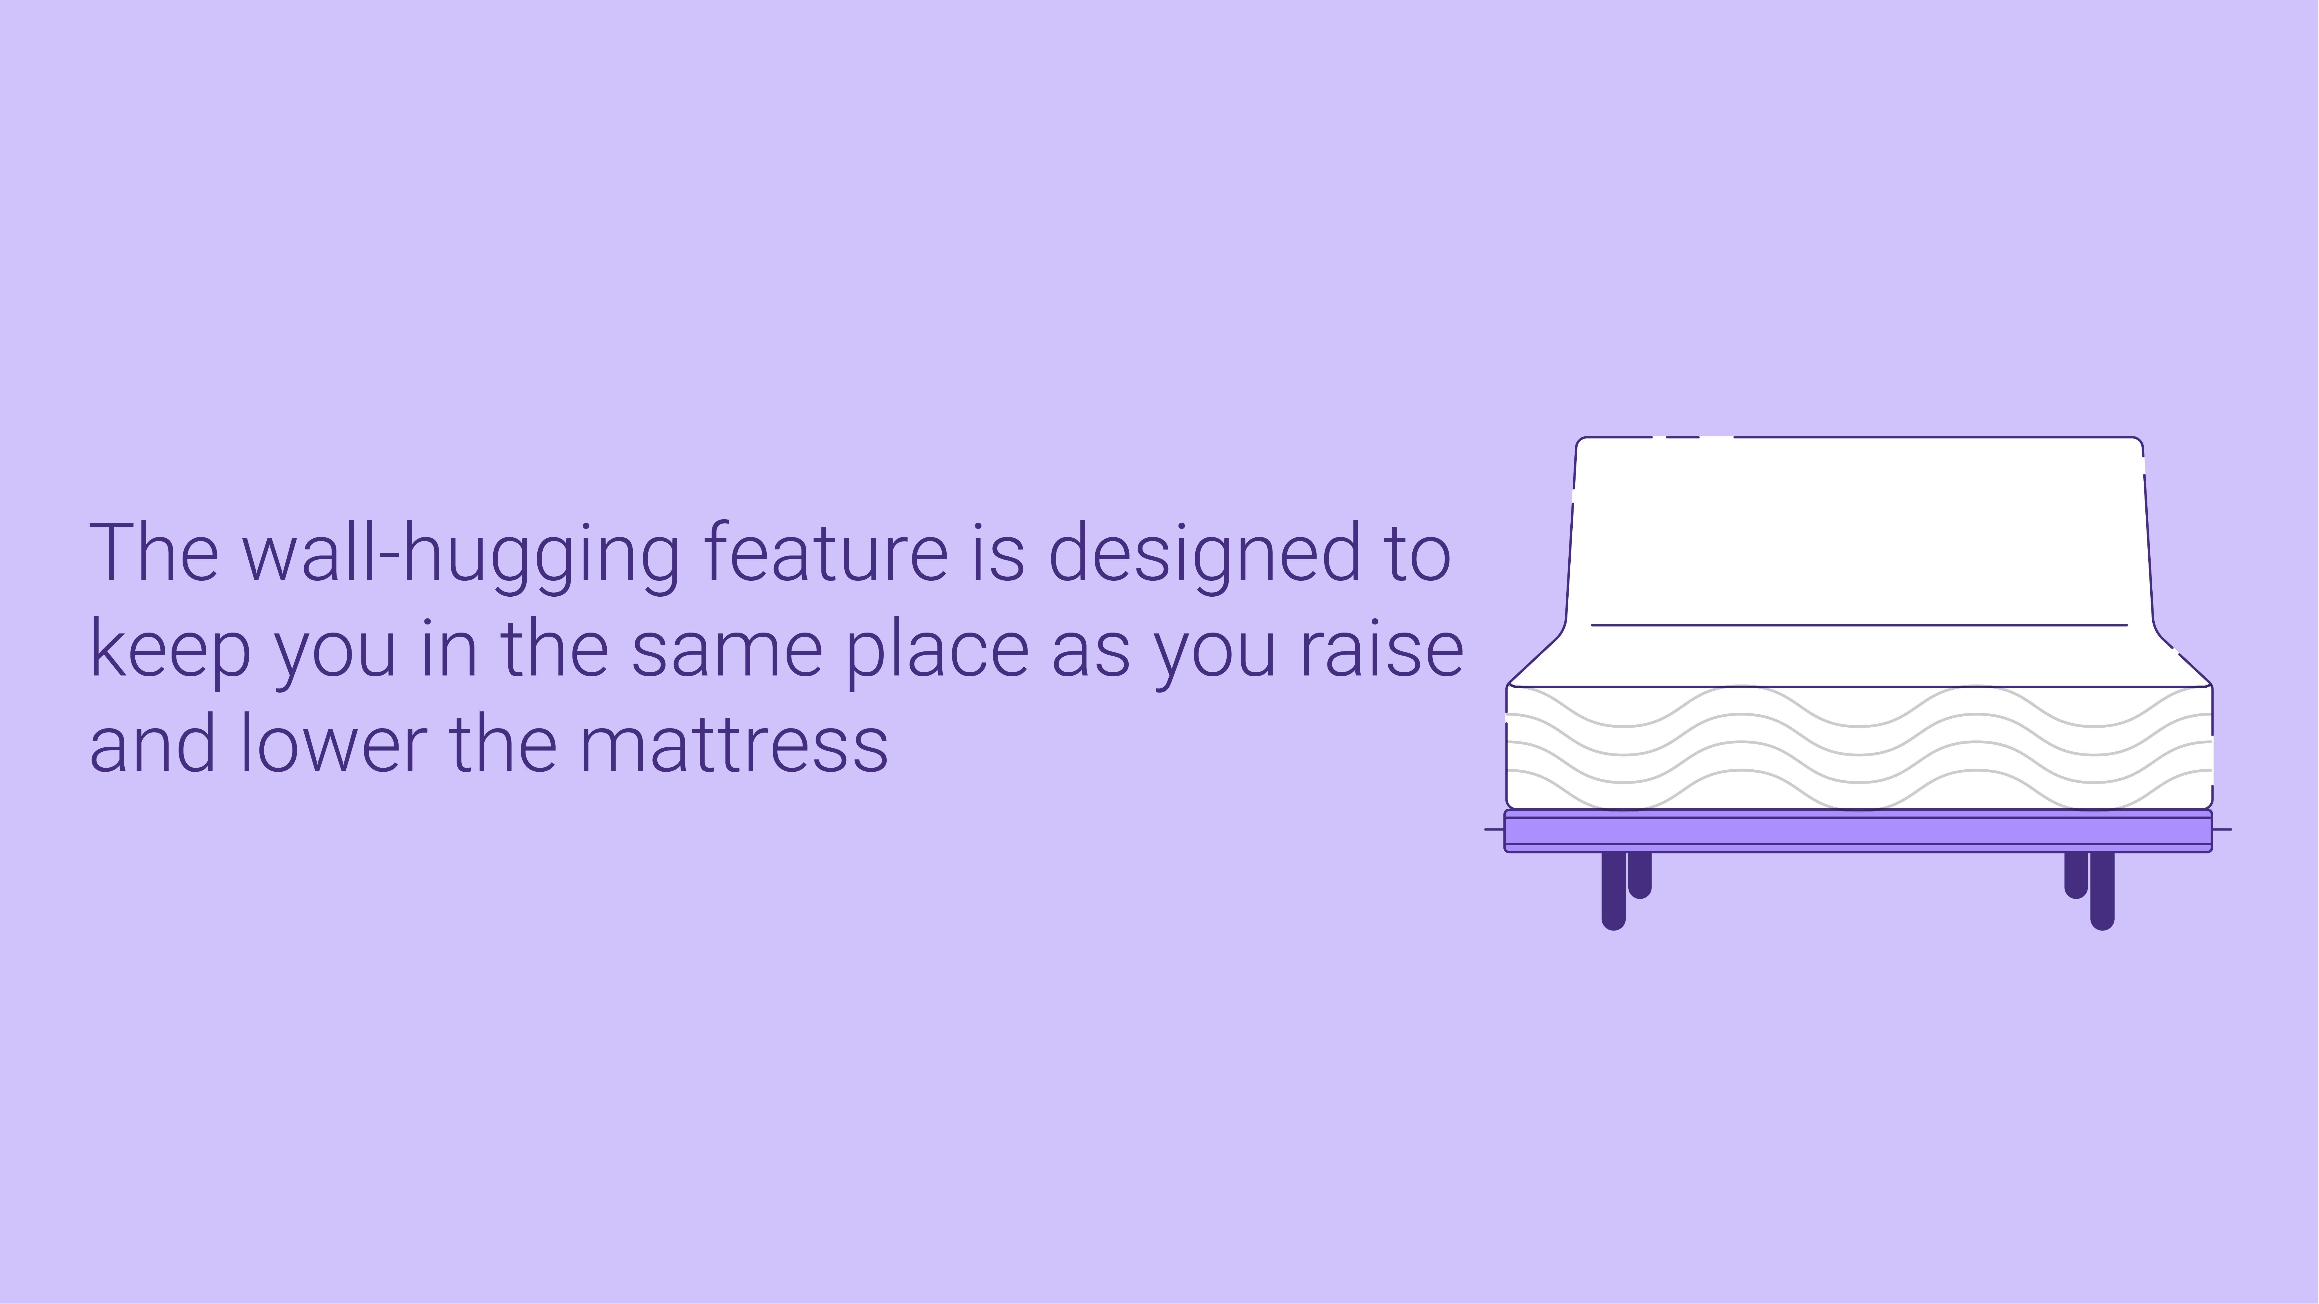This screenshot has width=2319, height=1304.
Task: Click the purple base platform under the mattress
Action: (x=1858, y=831)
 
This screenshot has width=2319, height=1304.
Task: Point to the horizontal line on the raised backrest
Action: (x=1859, y=624)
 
